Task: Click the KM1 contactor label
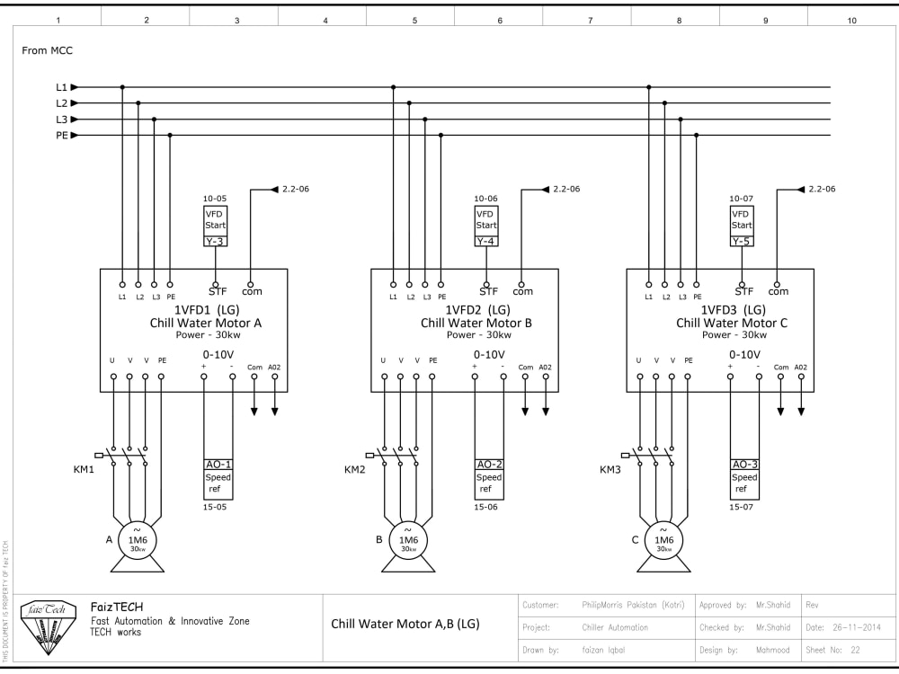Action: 84,469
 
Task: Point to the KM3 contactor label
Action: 610,469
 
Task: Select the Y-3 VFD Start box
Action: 215,226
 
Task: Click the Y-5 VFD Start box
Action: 741,226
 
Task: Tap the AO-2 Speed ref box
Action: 489,478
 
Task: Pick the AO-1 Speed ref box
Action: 218,478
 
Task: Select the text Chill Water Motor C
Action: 732,323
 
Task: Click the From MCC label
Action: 47,51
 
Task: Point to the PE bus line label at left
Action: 62,136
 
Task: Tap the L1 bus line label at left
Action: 61,87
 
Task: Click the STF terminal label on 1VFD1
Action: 217,291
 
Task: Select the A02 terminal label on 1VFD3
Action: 800,367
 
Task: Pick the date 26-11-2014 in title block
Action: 844,627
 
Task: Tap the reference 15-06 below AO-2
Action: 486,507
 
